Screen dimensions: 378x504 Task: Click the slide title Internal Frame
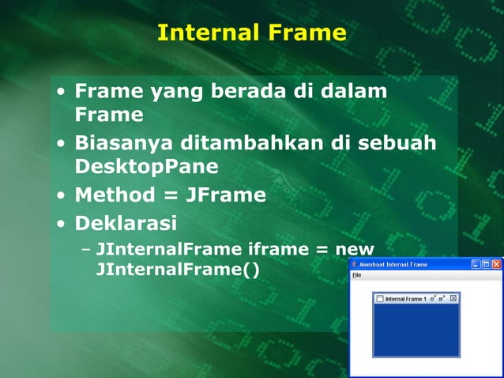point(251,32)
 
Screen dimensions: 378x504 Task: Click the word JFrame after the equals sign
point(225,195)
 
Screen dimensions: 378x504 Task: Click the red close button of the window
point(496,264)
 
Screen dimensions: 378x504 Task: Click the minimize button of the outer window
point(476,264)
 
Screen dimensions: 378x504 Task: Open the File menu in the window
point(356,275)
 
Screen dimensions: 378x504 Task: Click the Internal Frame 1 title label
point(405,299)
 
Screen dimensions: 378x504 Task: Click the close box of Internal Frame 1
point(453,298)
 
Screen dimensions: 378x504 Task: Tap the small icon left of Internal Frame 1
point(379,299)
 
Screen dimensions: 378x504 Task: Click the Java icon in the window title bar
point(355,264)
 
